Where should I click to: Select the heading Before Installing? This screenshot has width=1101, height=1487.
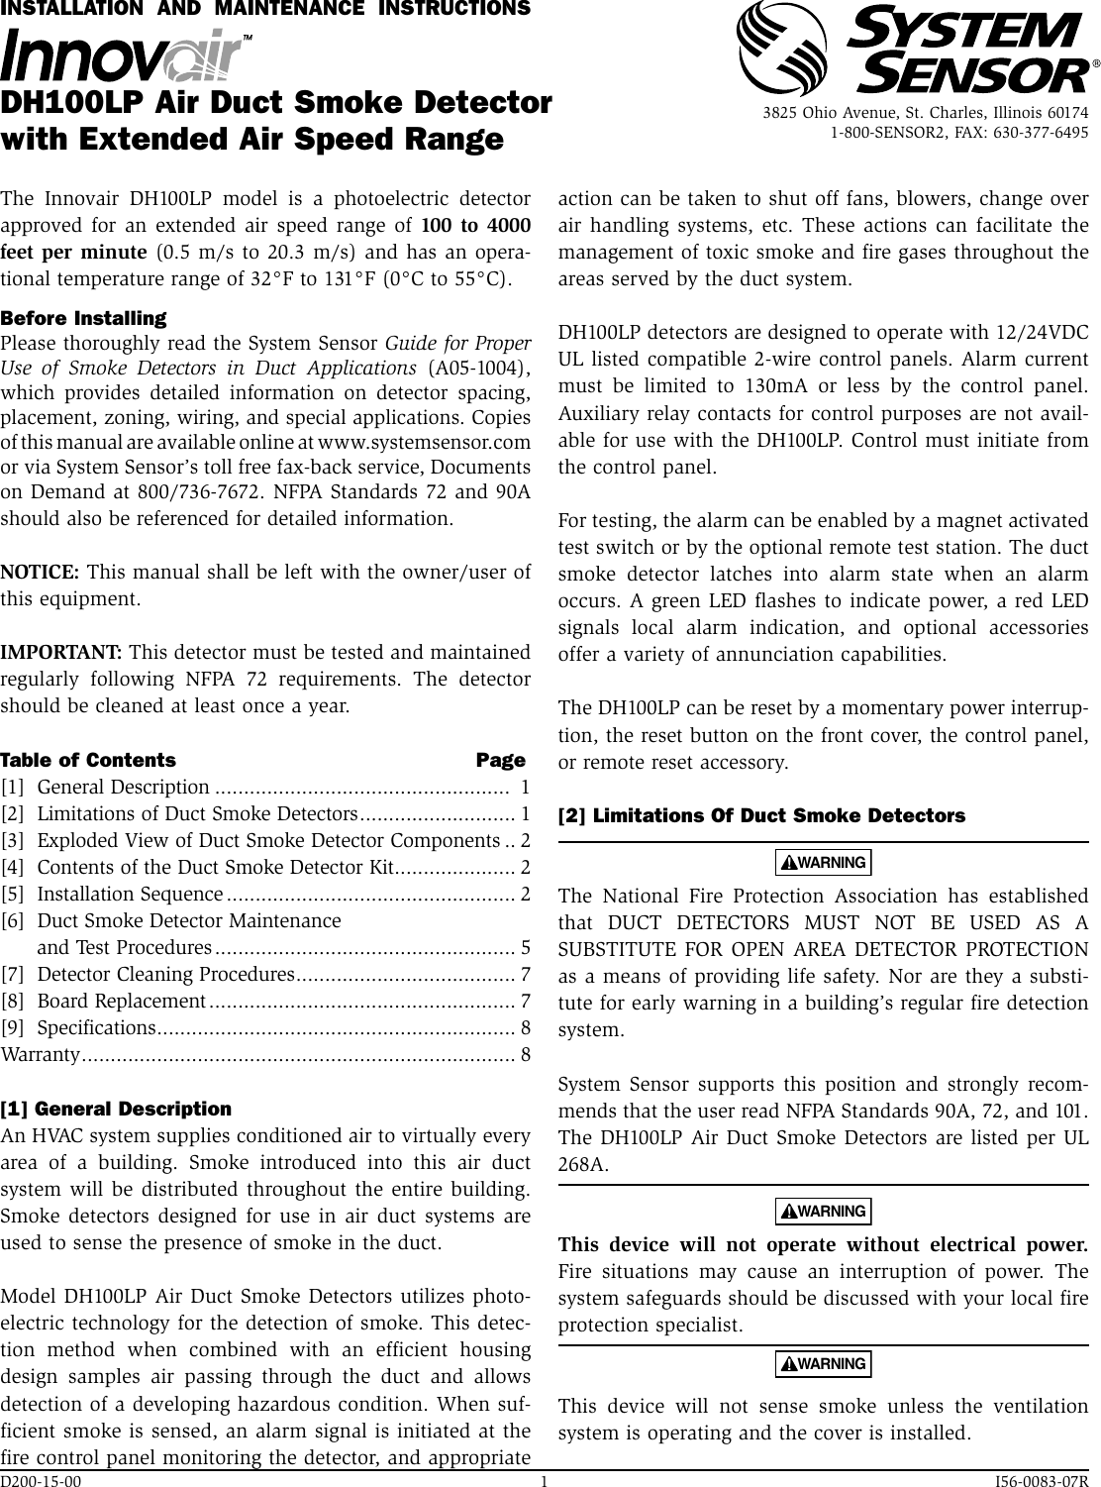click(83, 318)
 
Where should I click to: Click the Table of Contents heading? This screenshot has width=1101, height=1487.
click(88, 761)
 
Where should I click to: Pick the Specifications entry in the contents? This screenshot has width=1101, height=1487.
click(94, 1027)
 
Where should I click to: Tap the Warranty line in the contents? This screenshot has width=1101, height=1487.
click(40, 1054)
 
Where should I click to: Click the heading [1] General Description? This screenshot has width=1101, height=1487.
click(116, 1109)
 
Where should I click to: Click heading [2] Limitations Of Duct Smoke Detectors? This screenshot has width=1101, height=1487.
click(761, 816)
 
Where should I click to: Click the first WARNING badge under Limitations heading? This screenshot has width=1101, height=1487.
click(823, 863)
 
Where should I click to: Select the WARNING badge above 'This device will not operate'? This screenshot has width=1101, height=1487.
click(823, 1212)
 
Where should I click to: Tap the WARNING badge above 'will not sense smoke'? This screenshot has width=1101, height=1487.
click(823, 1364)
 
